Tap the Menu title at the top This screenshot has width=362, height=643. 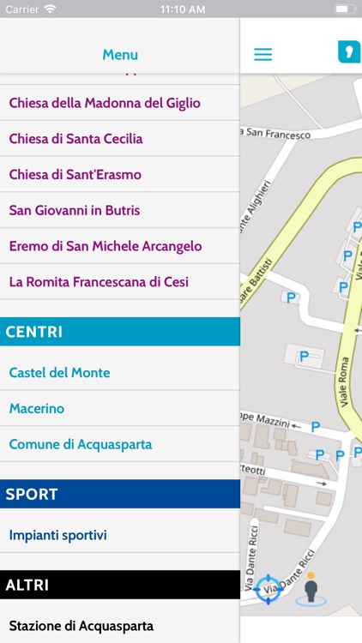[x=120, y=55]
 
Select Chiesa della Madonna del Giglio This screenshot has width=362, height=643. [x=105, y=103]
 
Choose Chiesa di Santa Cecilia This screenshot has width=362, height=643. [x=75, y=139]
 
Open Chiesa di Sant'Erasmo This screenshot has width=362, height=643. [x=75, y=175]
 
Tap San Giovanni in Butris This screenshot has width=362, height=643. [x=74, y=210]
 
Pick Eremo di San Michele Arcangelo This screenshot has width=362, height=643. [x=106, y=246]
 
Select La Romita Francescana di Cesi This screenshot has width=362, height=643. [x=99, y=282]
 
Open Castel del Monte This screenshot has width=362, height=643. [x=59, y=373]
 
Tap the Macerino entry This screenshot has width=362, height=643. [x=36, y=409]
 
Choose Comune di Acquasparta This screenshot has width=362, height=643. [x=81, y=445]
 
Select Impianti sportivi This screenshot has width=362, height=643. [x=57, y=536]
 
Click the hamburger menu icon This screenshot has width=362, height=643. [x=263, y=54]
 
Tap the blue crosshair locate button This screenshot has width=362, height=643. [x=268, y=589]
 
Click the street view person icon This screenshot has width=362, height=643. [x=311, y=589]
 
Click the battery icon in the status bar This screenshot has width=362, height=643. [x=346, y=9]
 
